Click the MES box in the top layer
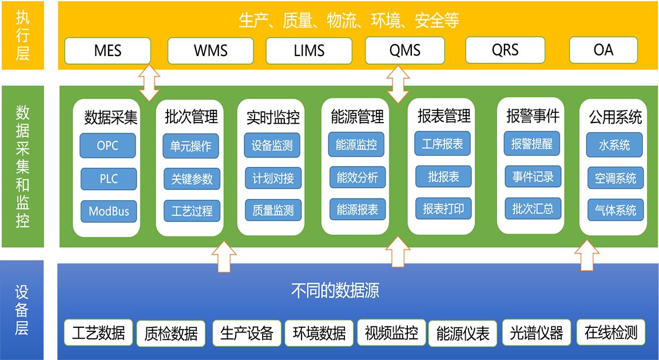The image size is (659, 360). [108, 50]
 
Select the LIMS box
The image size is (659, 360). [309, 50]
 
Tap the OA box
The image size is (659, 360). [603, 50]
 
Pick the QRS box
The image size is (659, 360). [505, 50]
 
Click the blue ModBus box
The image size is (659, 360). [109, 211]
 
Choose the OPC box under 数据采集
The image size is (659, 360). [108, 145]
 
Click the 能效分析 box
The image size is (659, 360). [357, 177]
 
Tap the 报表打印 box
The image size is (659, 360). [443, 208]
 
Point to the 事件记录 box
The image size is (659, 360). [532, 177]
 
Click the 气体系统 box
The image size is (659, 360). [616, 210]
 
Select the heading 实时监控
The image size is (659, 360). [273, 117]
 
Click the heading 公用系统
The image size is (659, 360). [616, 117]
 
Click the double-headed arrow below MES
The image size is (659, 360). [150, 82]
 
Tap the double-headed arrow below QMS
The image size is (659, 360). [398, 84]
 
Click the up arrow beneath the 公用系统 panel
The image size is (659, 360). [586, 256]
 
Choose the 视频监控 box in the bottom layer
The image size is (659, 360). [391, 333]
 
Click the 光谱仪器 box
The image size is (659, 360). [536, 333]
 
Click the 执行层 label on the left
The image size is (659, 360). [22, 35]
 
